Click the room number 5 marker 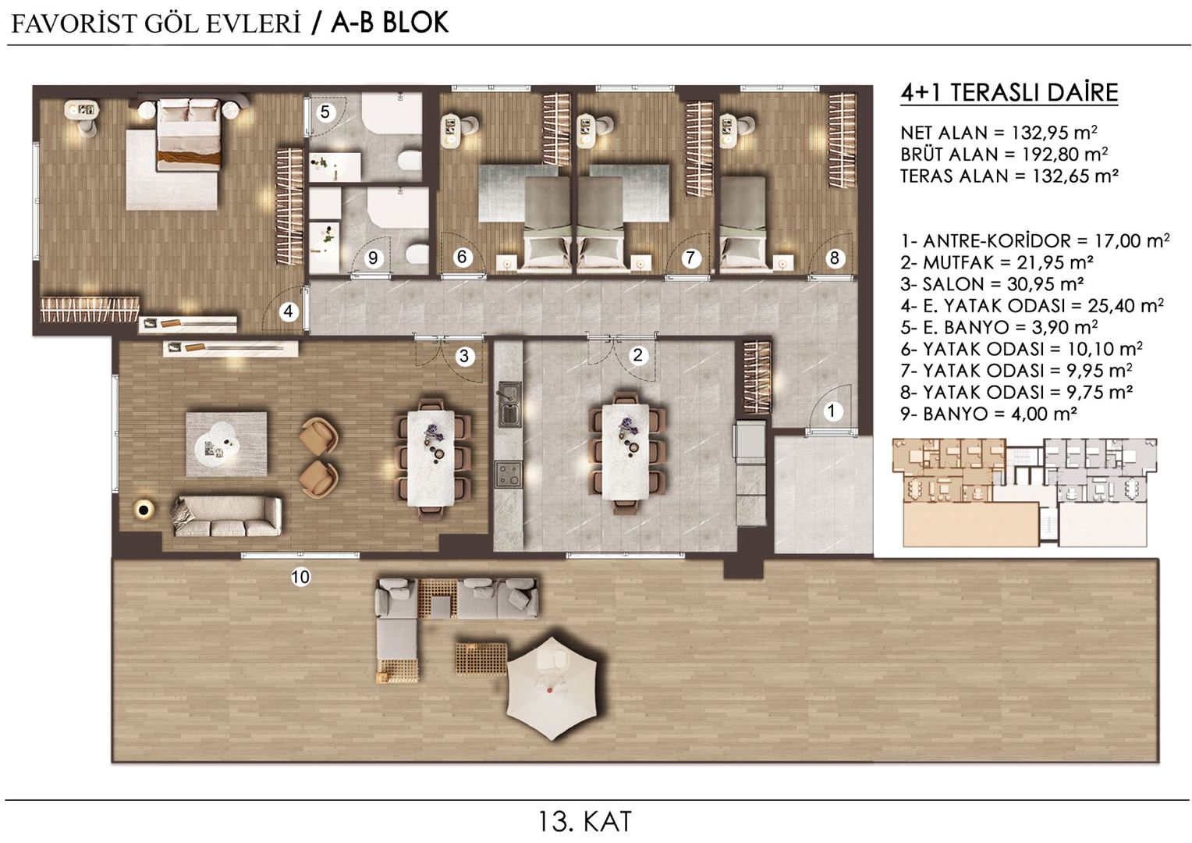point(325,112)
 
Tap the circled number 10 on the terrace point(300,577)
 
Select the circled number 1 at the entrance point(832,411)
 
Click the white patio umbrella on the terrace point(552,686)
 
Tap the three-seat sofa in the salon point(226,516)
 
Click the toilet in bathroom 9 point(417,254)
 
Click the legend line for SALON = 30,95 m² point(992,284)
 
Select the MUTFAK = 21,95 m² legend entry point(996,262)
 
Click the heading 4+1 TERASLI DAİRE point(1009,93)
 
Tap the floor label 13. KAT point(584,821)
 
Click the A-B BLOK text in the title point(389,23)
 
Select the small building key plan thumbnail point(1024,492)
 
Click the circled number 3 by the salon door point(465,357)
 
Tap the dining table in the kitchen point(625,450)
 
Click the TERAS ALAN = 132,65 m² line point(1009,176)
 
